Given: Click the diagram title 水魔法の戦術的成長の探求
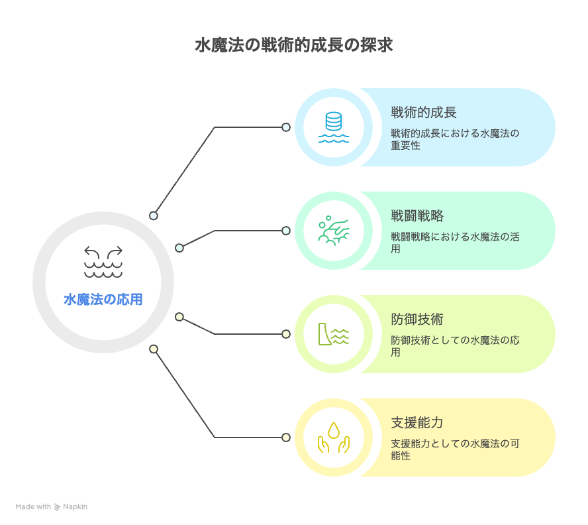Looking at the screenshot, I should point(294,45).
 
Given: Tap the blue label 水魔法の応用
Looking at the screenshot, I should point(103,300).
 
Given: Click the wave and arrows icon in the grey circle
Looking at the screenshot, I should point(103,262).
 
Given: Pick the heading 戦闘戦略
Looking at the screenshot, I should point(417,215).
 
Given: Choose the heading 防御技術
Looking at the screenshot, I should point(417,319).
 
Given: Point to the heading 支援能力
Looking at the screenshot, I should point(417,422).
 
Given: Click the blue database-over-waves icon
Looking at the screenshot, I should point(333,127).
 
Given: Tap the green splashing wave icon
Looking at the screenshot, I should point(333,231).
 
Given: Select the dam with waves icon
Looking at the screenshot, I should point(333,334).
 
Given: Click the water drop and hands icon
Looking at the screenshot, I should point(333,437).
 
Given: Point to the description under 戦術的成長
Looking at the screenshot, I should point(455,139).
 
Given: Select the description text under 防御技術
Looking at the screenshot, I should point(455,346).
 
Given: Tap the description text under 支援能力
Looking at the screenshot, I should point(455,449).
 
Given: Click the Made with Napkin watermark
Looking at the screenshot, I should point(52,506).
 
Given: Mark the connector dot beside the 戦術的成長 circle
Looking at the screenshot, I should point(286,127).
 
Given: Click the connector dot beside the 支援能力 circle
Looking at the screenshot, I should point(286,437).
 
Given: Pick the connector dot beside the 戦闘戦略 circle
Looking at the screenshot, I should point(286,231).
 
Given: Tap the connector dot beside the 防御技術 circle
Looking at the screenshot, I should point(286,334).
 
